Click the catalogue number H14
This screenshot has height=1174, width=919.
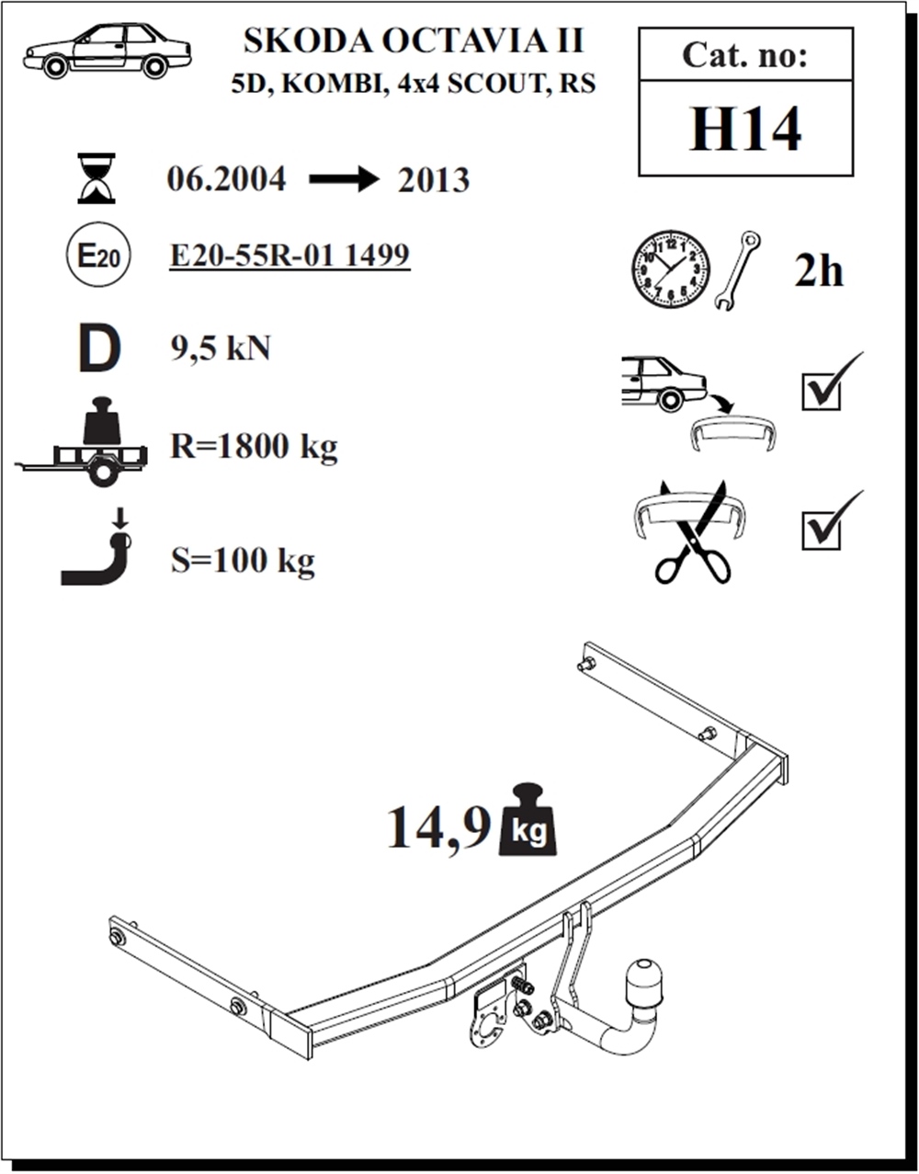point(745,130)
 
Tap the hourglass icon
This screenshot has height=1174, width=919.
point(96,178)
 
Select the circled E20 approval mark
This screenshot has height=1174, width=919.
point(97,256)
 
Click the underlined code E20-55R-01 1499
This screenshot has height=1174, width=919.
point(289,256)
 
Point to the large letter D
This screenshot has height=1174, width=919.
point(99,350)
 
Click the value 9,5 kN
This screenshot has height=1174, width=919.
point(221,348)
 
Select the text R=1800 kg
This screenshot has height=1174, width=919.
point(254,447)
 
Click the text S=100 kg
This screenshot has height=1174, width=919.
point(243,559)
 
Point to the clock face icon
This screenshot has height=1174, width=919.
point(670,269)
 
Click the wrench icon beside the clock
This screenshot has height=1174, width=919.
point(737,270)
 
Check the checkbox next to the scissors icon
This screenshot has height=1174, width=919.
point(823,529)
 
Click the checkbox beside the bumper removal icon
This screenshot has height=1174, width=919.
point(823,389)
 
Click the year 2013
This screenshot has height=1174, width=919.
point(434,180)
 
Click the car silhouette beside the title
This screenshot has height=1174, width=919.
point(107,51)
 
